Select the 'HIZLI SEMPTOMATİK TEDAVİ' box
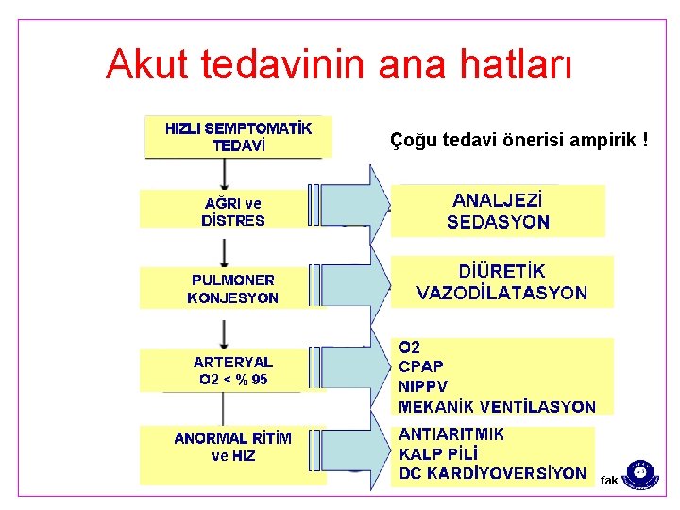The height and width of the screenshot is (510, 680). pyautogui.click(x=238, y=136)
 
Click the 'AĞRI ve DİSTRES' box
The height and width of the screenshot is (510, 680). pyautogui.click(x=233, y=212)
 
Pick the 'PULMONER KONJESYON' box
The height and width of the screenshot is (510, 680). pyautogui.click(x=233, y=289)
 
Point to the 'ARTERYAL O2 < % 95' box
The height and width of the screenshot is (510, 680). pyautogui.click(x=233, y=370)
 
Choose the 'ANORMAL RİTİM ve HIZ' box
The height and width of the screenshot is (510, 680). pyautogui.click(x=233, y=447)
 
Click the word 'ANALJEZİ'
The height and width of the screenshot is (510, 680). pyautogui.click(x=498, y=200)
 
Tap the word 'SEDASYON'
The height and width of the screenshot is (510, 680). pyautogui.click(x=498, y=224)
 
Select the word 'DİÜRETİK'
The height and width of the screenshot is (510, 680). pyautogui.click(x=501, y=270)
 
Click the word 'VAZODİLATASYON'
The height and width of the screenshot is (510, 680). pyautogui.click(x=501, y=293)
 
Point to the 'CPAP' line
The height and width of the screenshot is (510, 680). pyautogui.click(x=421, y=365)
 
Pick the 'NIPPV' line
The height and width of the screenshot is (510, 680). pyautogui.click(x=423, y=386)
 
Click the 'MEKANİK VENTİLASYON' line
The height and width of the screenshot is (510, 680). pyautogui.click(x=497, y=407)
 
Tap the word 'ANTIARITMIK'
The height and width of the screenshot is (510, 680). pyautogui.click(x=451, y=434)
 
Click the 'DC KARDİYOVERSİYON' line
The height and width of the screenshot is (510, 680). pyautogui.click(x=492, y=473)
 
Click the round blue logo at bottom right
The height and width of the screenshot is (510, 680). pyautogui.click(x=641, y=472)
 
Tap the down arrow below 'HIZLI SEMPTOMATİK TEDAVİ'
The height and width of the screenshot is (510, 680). pyautogui.click(x=224, y=173)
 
